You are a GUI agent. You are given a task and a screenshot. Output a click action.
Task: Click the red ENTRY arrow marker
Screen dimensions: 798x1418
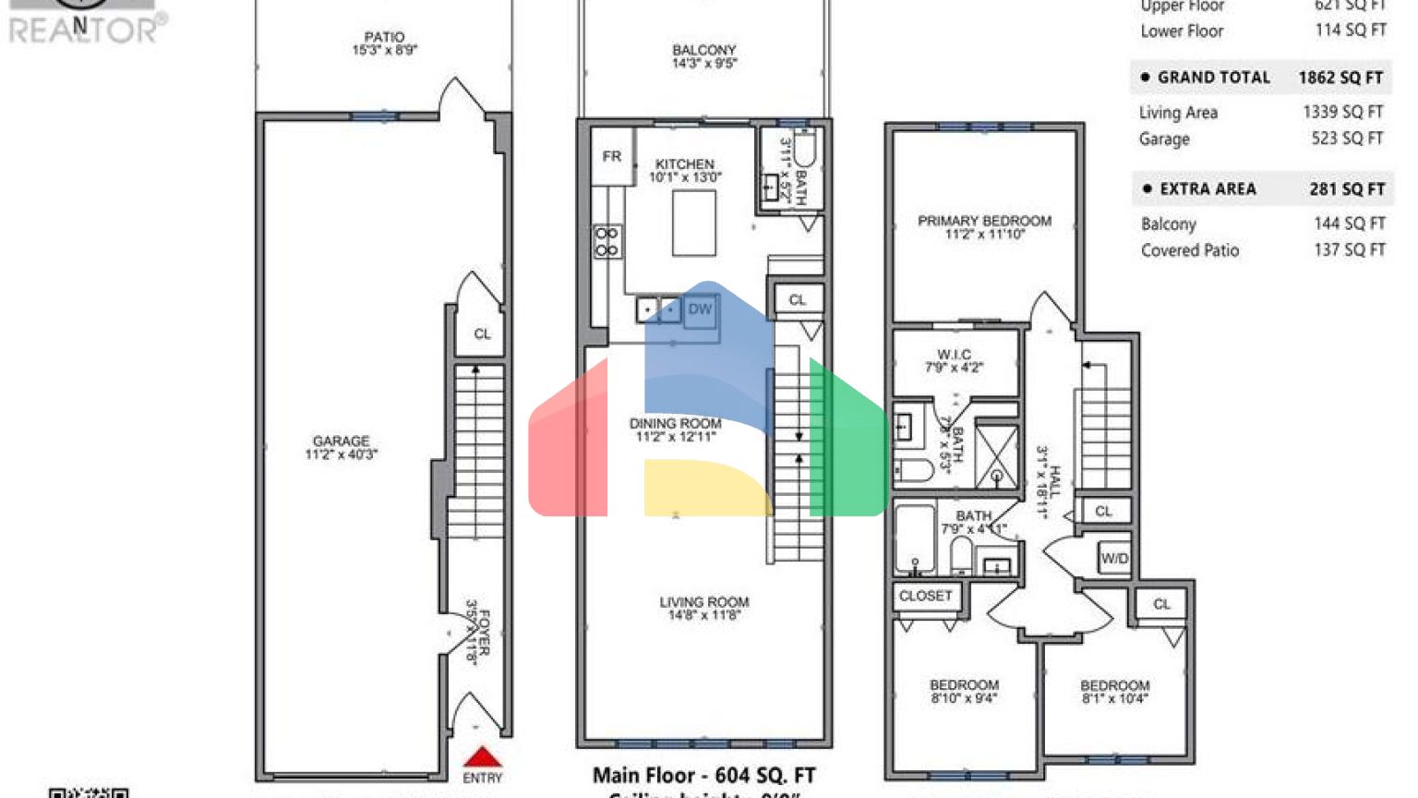pyautogui.click(x=482, y=757)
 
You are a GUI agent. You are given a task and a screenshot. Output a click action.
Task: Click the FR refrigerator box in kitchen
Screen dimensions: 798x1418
pyautogui.click(x=612, y=157)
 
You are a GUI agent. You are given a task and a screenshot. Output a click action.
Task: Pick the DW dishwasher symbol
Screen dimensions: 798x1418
pyautogui.click(x=700, y=309)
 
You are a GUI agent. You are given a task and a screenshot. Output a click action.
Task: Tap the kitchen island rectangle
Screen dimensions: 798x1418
pyautogui.click(x=694, y=223)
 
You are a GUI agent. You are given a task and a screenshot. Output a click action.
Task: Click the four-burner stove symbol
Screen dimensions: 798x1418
pyautogui.click(x=607, y=242)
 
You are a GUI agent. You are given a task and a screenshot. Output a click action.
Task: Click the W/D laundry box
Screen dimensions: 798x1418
pyautogui.click(x=1114, y=559)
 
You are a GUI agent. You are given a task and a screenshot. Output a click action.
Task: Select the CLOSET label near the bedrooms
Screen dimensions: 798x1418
pyautogui.click(x=925, y=597)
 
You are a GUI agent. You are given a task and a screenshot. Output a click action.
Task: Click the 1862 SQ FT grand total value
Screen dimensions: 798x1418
pyautogui.click(x=1340, y=78)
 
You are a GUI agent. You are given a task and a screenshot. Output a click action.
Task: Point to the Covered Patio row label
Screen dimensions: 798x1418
pyautogui.click(x=1190, y=250)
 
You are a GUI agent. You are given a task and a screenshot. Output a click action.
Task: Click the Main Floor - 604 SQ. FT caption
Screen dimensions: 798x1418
pyautogui.click(x=703, y=776)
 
